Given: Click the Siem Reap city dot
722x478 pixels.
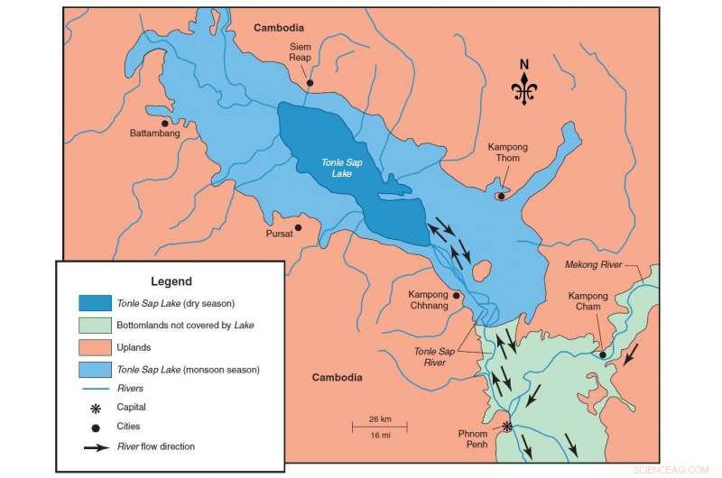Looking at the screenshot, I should [310, 83].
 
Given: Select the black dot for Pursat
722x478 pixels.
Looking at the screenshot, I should [298, 227].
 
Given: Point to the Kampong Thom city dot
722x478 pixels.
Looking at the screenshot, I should [501, 196].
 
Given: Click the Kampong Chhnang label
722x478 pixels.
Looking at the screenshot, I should [428, 300].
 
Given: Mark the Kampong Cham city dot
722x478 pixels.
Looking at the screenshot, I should [603, 354].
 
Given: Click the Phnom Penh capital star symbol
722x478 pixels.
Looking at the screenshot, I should [507, 426].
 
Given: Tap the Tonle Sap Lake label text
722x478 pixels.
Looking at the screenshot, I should [337, 168].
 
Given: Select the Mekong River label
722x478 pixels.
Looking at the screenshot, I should [595, 265].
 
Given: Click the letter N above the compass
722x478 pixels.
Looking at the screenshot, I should [523, 64].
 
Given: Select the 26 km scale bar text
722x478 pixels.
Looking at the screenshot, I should [380, 419].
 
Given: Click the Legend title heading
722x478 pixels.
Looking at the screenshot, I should [171, 281].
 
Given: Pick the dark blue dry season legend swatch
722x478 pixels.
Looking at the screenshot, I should [95, 303].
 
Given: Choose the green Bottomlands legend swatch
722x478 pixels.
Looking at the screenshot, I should [95, 325].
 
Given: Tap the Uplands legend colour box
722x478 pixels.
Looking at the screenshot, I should [95, 347].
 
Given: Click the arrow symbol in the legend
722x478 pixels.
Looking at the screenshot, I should [95, 446].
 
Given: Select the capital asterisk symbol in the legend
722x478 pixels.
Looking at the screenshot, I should [95, 408].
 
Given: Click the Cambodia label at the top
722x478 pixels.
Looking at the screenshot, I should [279, 28].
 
